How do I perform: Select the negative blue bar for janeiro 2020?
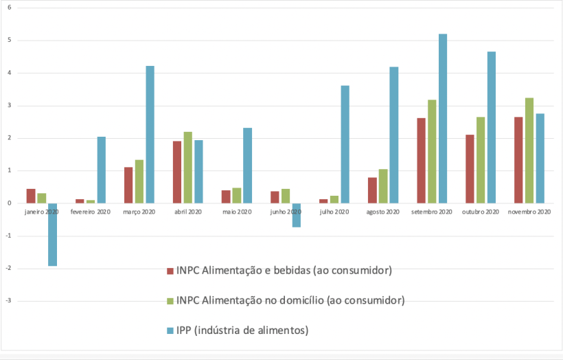[52, 234]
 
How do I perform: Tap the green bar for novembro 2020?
[529, 150]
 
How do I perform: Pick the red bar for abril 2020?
[177, 172]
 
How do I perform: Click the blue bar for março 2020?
[150, 134]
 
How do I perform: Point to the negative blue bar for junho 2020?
[297, 215]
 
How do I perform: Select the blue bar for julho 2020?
[345, 144]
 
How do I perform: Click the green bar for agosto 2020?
[383, 186]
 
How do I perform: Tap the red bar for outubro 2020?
[470, 168]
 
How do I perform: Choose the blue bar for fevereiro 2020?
[101, 170]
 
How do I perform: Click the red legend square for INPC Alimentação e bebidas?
[170, 271]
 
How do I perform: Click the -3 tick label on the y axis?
[9, 301]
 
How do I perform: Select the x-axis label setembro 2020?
[432, 212]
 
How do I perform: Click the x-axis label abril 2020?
[188, 212]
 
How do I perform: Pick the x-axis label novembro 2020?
[529, 212]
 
